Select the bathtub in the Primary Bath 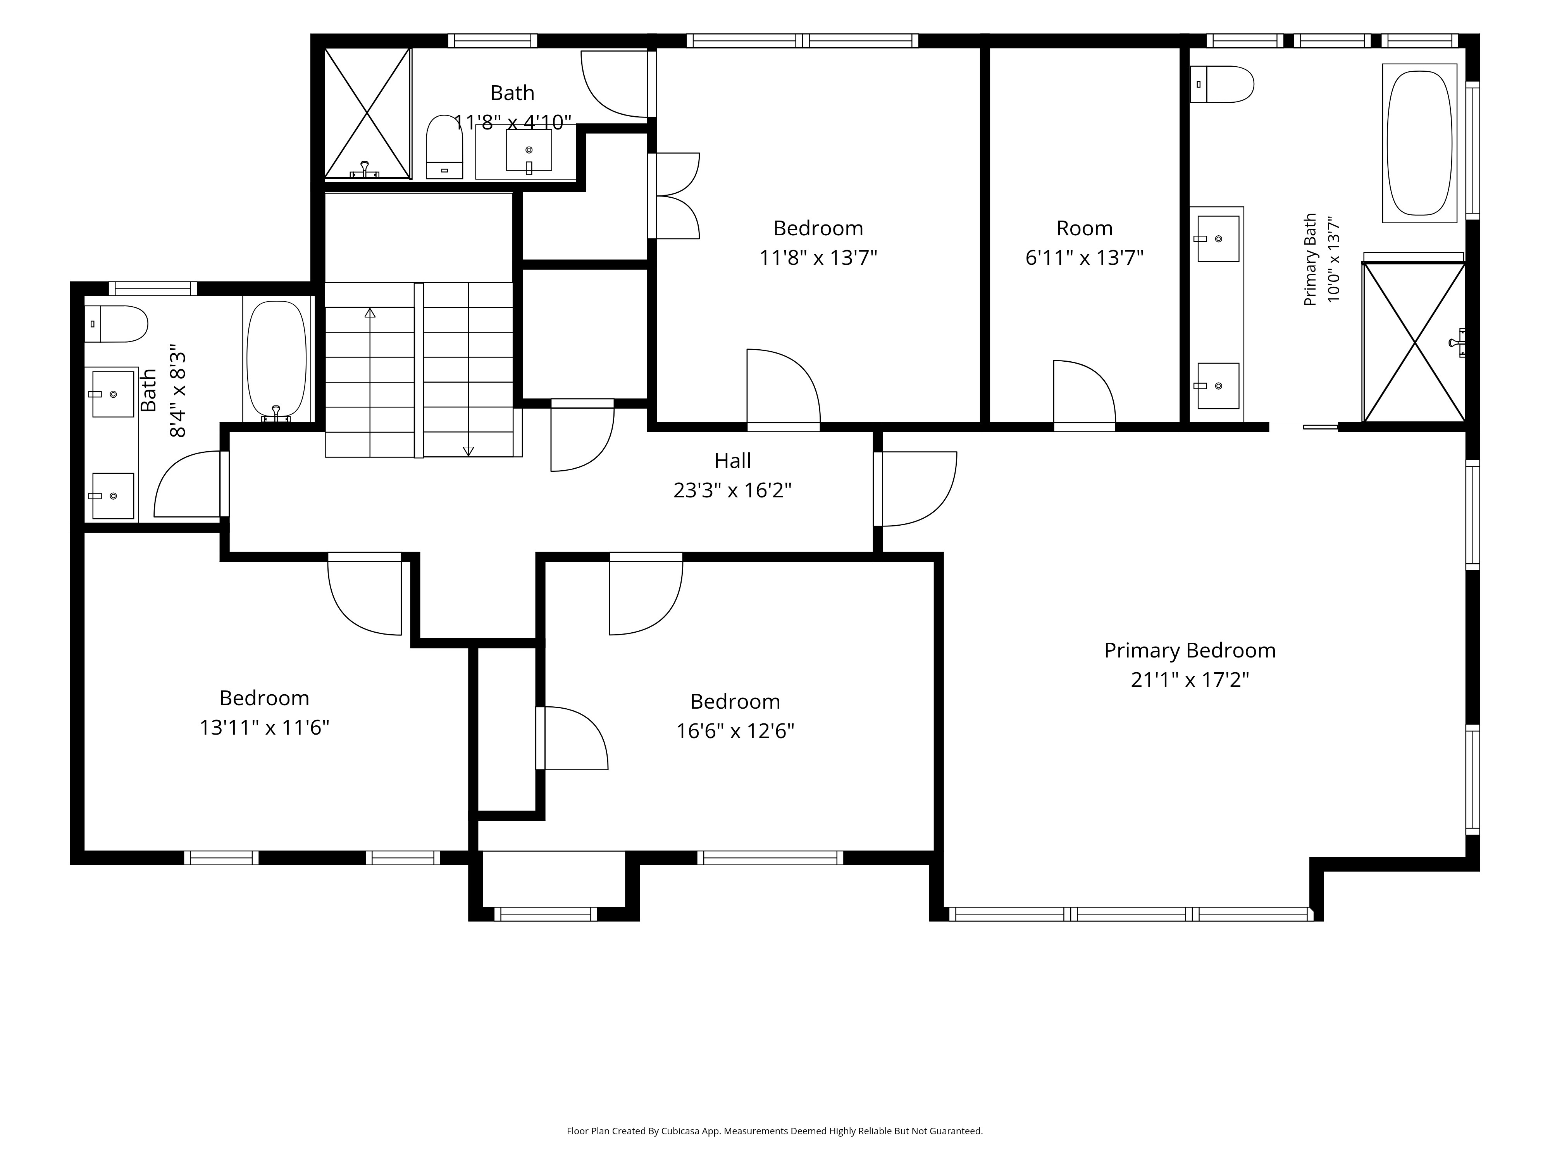point(1419,143)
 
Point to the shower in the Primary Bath point(1414,342)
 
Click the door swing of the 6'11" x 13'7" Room point(1085,393)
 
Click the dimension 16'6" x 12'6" point(735,731)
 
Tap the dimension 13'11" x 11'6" point(264,728)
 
